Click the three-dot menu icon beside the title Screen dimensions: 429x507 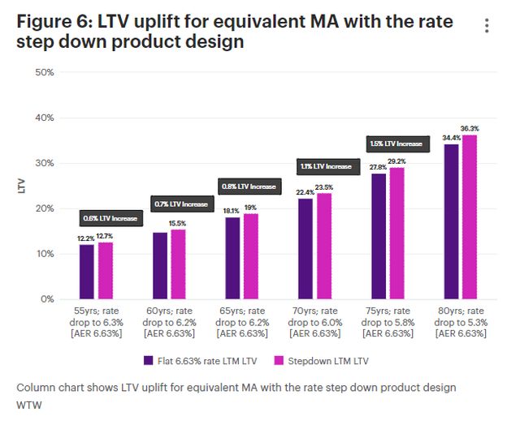click(487, 26)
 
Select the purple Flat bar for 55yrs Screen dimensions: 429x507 click(87, 272)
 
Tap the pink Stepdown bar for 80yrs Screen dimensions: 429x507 click(469, 217)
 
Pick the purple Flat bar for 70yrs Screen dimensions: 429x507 click(305, 249)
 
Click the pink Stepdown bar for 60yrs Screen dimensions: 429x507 click(179, 264)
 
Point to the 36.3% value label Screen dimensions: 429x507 click(470, 128)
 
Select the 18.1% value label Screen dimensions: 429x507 click(232, 211)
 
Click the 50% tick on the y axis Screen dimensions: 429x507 click(45, 72)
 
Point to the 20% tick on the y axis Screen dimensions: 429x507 click(45, 208)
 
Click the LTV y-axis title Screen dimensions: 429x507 click(21, 186)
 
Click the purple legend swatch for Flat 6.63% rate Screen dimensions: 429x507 click(149, 359)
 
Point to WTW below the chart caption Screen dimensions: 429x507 click(29, 405)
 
